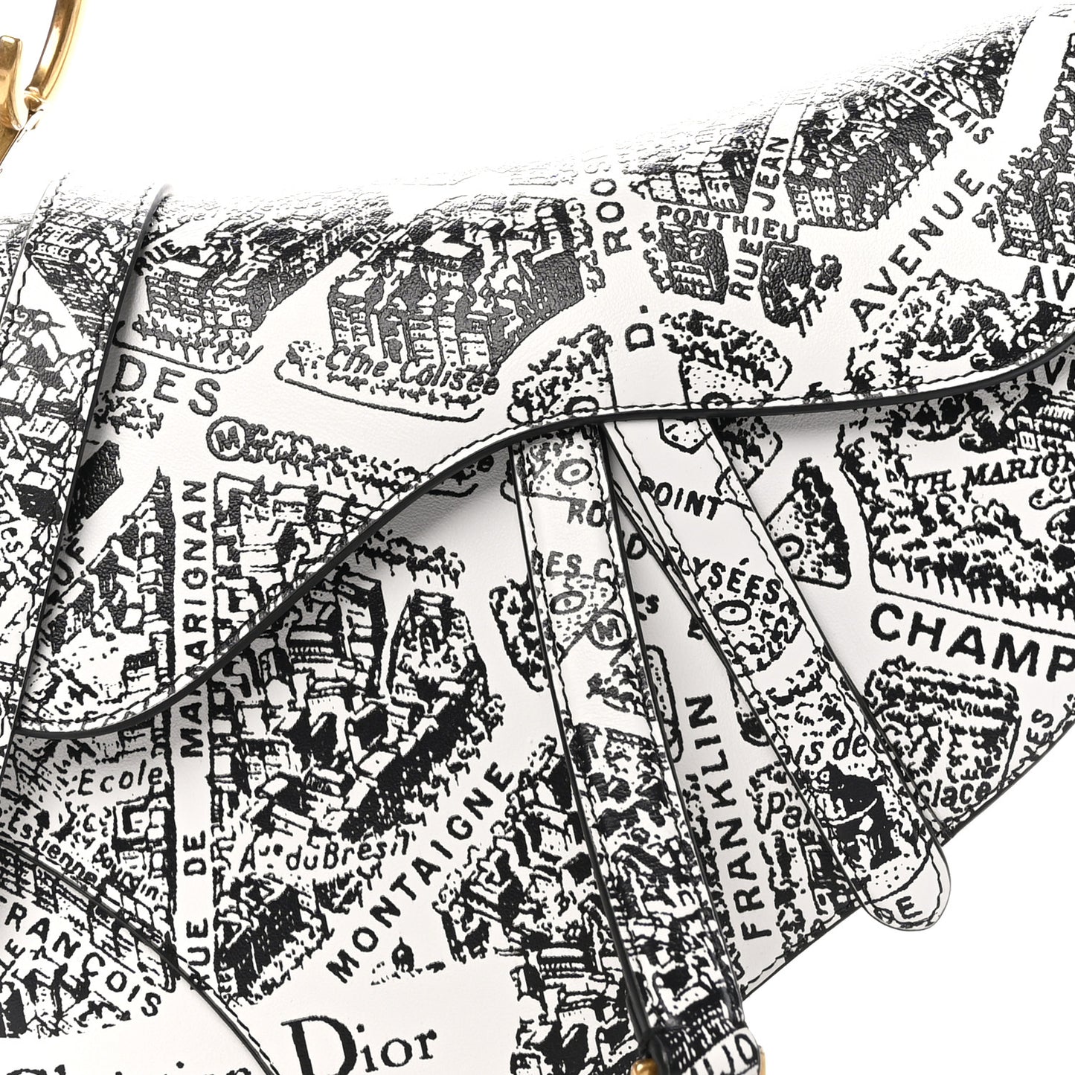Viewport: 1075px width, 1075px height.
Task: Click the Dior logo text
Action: point(359,1045)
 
